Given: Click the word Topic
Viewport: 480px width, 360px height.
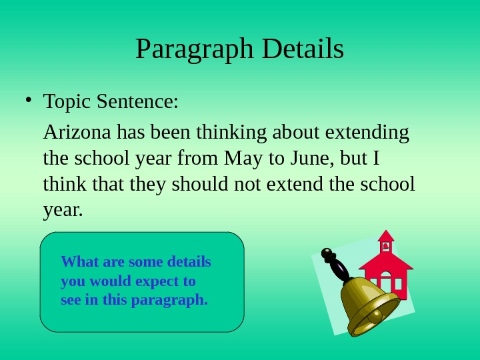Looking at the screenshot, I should pyautogui.click(x=67, y=103).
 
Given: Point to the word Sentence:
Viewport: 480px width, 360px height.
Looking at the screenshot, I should pyautogui.click(x=138, y=103).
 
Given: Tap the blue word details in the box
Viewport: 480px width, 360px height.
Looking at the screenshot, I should pyautogui.click(x=189, y=261).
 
